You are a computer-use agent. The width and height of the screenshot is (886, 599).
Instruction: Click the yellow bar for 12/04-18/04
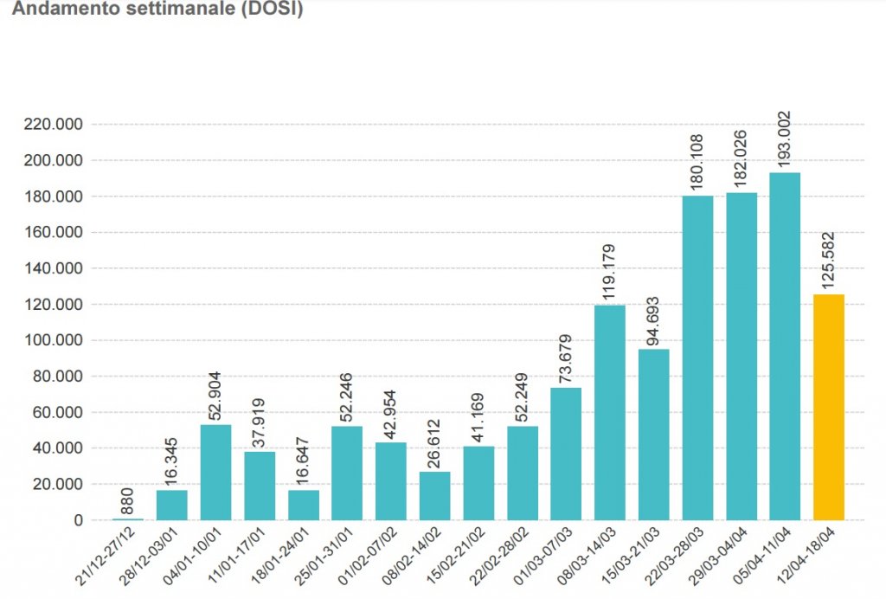tap(828, 407)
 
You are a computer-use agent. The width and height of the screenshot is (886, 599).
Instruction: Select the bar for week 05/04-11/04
tap(785, 346)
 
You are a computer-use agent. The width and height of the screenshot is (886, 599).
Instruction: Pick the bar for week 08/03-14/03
tap(610, 412)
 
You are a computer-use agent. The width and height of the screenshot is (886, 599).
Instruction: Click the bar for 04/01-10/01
tap(215, 472)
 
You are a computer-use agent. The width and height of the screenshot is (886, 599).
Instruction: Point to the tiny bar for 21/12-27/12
tap(128, 518)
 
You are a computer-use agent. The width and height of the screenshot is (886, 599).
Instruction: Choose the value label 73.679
tap(566, 355)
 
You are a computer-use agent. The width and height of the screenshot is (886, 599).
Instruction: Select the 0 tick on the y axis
tap(79, 520)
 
